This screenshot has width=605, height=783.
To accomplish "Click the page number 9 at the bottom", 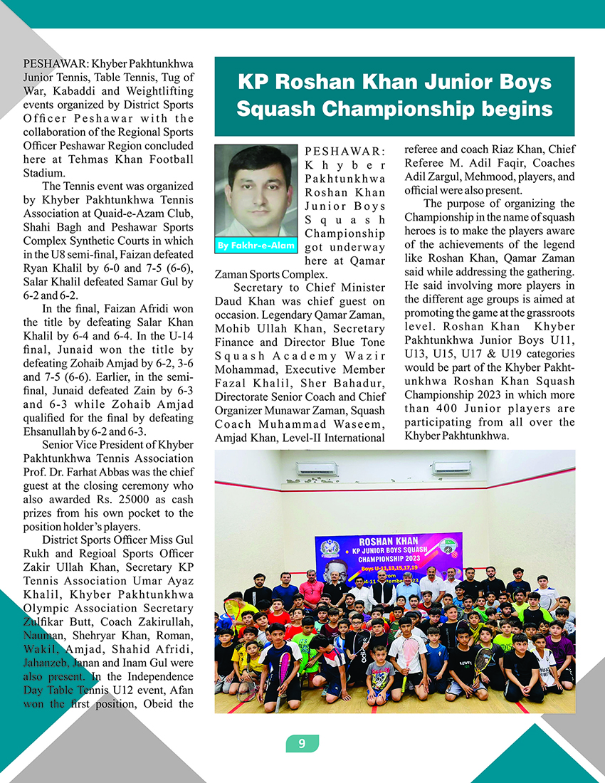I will pos(302,744).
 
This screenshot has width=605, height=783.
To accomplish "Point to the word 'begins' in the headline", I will pos(520,109).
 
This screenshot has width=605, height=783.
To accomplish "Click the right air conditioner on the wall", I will pos(451,468).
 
